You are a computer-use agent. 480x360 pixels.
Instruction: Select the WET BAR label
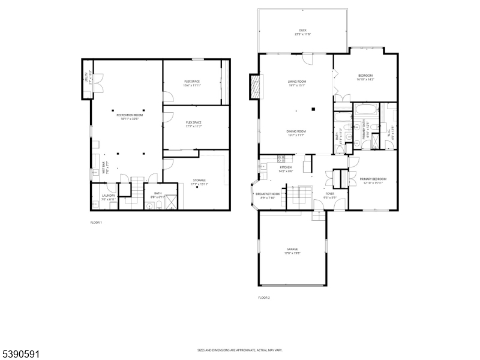pos(103,166)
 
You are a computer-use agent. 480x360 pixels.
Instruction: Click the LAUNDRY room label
pos(109,195)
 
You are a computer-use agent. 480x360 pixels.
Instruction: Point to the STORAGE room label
pos(199,180)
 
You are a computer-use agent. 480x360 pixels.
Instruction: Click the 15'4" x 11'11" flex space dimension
pos(192,85)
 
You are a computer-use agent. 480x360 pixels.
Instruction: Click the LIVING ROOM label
pos(297,82)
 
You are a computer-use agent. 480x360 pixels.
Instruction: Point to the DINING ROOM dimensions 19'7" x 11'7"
pos(297,135)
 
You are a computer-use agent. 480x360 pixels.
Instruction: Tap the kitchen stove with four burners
pos(280,159)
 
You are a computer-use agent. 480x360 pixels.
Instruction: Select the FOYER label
pos(330,194)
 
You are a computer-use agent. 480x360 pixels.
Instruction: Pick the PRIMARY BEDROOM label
pos(373,179)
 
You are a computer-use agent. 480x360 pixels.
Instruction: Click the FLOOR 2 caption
pos(264,298)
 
